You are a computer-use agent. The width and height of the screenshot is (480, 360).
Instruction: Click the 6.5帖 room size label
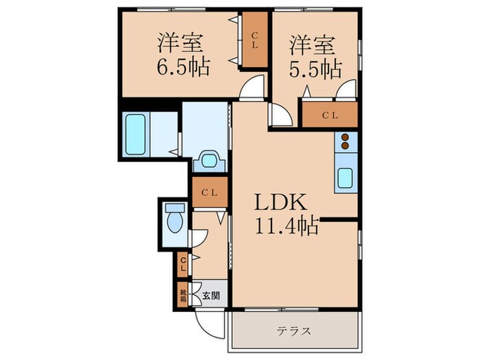[x=182, y=67]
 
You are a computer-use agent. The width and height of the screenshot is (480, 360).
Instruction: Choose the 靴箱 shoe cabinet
[x=183, y=296]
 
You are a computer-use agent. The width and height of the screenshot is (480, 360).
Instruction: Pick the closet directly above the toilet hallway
[x=208, y=193]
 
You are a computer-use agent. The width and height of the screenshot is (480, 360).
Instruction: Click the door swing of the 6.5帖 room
[x=254, y=87]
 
